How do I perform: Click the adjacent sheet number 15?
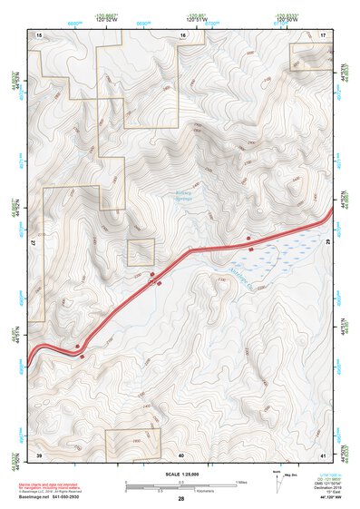point(39,34)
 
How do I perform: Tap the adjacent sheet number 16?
point(182,34)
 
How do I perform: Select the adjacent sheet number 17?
point(323,34)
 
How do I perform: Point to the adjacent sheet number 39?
point(39,454)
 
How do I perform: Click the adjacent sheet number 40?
point(181,454)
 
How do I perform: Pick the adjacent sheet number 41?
point(323,454)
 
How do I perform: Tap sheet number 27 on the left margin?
point(33,244)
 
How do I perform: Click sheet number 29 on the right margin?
point(329,244)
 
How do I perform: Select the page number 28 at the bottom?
point(181,499)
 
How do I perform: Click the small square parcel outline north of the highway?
point(141,252)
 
